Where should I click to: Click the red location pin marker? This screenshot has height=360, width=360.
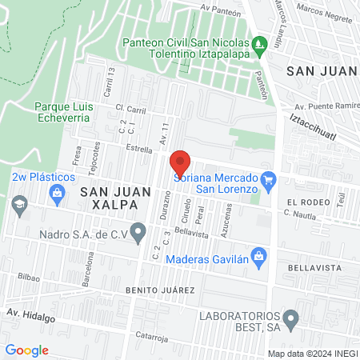click(180, 163)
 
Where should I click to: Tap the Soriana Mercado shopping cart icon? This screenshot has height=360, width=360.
click(269, 178)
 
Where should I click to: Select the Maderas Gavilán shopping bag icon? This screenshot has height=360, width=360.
click(258, 256)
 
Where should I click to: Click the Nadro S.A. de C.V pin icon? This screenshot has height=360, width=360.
click(138, 234)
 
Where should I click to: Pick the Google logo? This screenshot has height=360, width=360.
click(26, 350)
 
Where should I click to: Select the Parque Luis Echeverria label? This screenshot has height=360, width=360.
click(66, 111)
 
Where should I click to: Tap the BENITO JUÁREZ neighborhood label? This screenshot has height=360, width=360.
click(160, 289)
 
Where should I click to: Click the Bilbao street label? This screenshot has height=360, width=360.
click(29, 275)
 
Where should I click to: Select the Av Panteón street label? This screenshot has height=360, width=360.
click(222, 7)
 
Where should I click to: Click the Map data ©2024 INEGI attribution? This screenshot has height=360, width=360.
click(311, 353)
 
